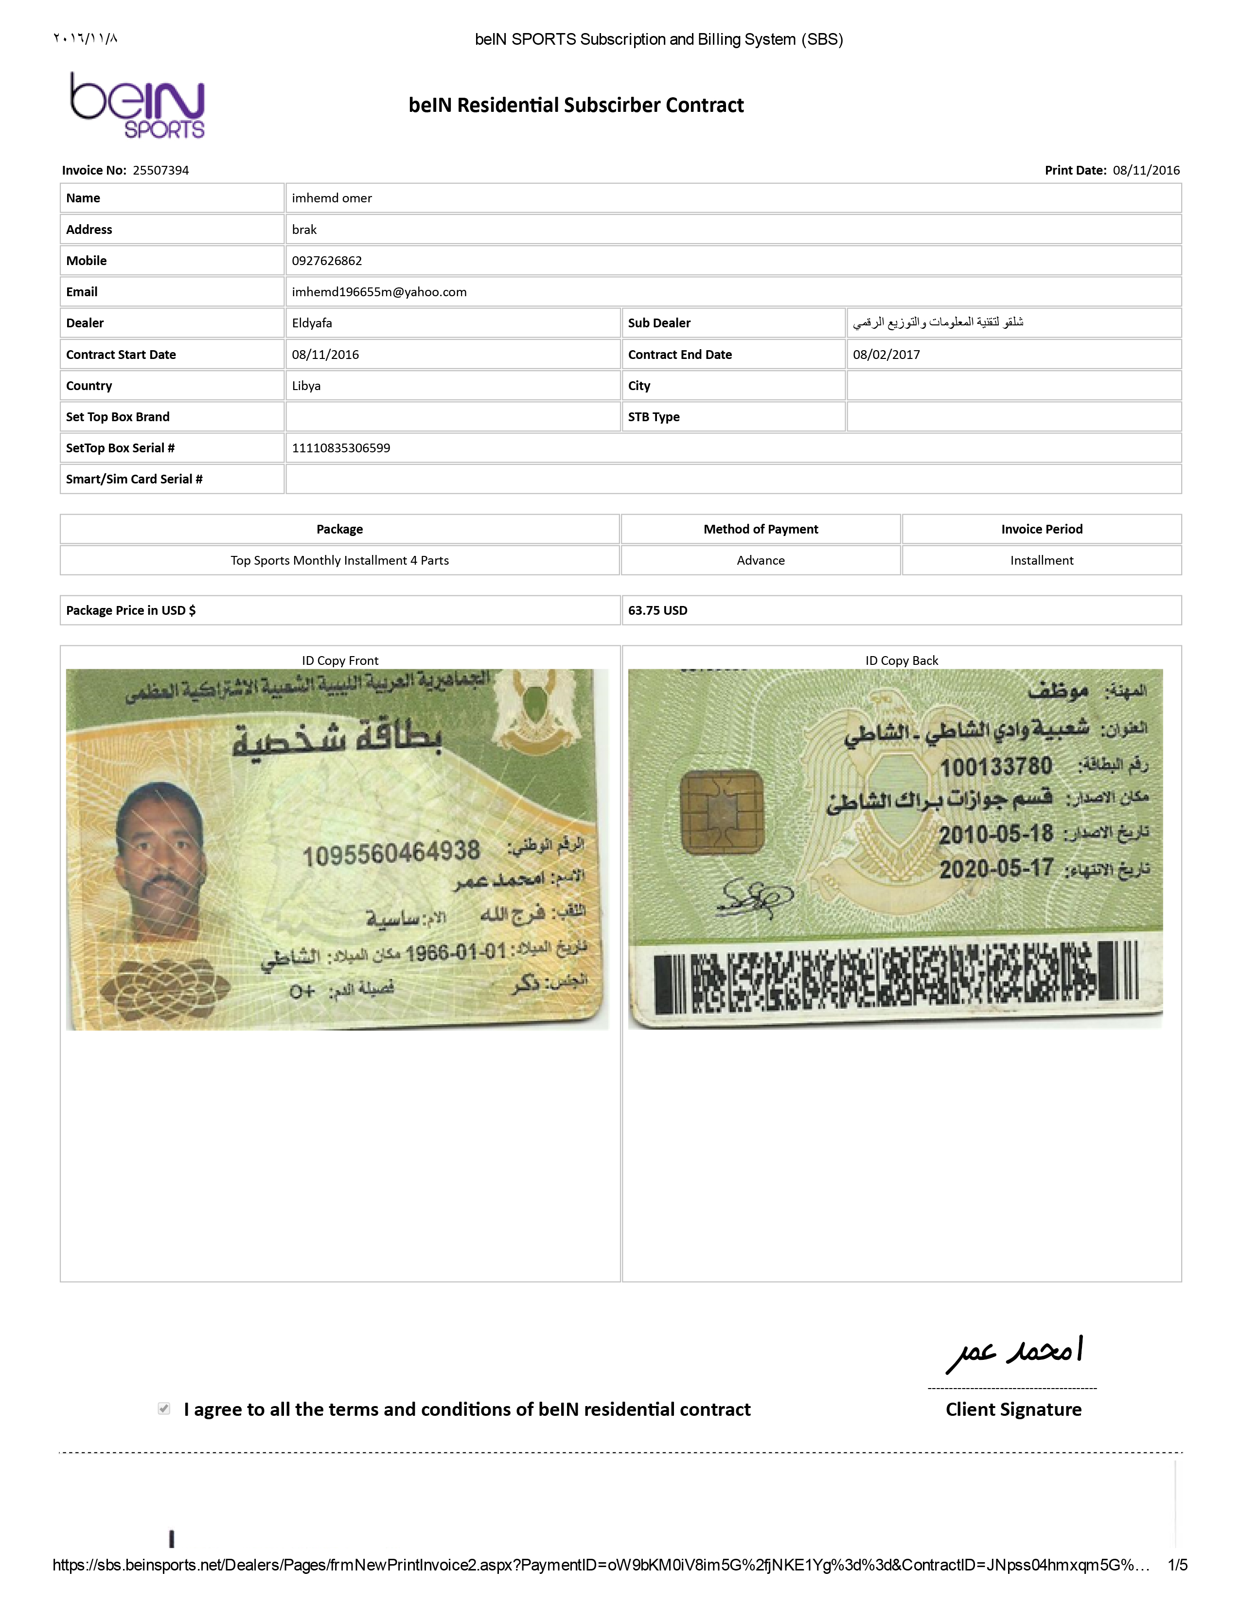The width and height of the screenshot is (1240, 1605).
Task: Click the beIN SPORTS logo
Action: tap(137, 105)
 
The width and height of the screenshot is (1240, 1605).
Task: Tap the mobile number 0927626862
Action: tap(327, 261)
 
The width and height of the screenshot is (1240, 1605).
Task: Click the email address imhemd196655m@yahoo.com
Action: tap(379, 292)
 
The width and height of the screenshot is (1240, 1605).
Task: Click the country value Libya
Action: tap(306, 386)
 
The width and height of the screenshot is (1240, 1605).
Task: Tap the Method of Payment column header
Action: tap(761, 529)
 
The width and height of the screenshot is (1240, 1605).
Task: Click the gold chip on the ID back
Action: tap(721, 812)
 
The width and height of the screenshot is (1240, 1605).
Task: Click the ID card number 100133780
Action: tap(995, 767)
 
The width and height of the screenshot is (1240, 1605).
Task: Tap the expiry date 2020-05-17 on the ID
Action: tap(995, 869)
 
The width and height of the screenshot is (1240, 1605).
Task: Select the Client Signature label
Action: tap(1013, 1409)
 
